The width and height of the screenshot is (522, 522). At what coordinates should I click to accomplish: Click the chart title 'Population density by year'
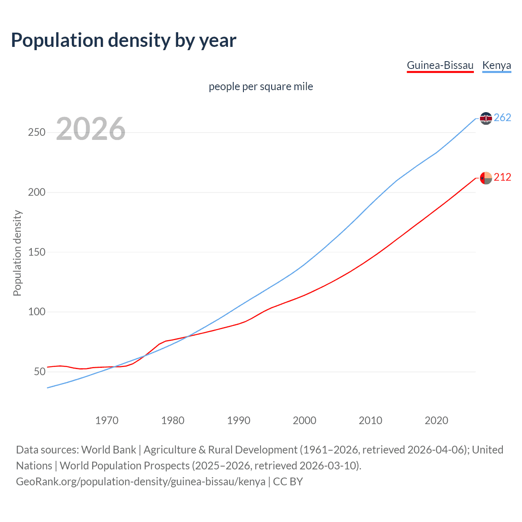124,40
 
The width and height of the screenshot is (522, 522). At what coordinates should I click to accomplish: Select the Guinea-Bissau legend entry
440,65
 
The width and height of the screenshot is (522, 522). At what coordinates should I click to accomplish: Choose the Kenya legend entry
496,65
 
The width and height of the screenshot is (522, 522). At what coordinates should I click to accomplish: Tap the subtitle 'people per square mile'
261,86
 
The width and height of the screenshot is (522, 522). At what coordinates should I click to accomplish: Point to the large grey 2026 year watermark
91,129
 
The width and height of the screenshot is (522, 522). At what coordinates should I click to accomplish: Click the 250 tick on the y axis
37,133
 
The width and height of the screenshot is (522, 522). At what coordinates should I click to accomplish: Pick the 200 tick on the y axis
37,192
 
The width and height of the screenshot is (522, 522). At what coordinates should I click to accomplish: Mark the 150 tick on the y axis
37,252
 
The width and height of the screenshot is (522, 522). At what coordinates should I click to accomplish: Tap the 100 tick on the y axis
37,312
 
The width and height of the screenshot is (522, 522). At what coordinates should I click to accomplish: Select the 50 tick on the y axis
40,372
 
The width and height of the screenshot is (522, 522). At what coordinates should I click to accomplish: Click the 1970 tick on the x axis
107,420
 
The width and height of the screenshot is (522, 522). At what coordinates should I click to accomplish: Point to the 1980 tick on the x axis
173,420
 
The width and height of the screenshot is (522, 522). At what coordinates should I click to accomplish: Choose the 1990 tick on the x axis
239,420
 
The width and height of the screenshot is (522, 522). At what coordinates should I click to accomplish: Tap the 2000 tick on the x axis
305,420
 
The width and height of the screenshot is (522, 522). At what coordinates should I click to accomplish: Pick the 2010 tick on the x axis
370,420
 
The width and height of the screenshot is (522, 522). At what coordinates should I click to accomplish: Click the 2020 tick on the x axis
436,420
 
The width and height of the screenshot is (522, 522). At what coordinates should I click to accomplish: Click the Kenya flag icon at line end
486,118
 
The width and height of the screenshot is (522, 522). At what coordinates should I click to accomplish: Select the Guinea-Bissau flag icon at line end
486,178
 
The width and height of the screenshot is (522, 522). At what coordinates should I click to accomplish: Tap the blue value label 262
502,118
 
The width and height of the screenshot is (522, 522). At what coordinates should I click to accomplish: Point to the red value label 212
502,177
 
